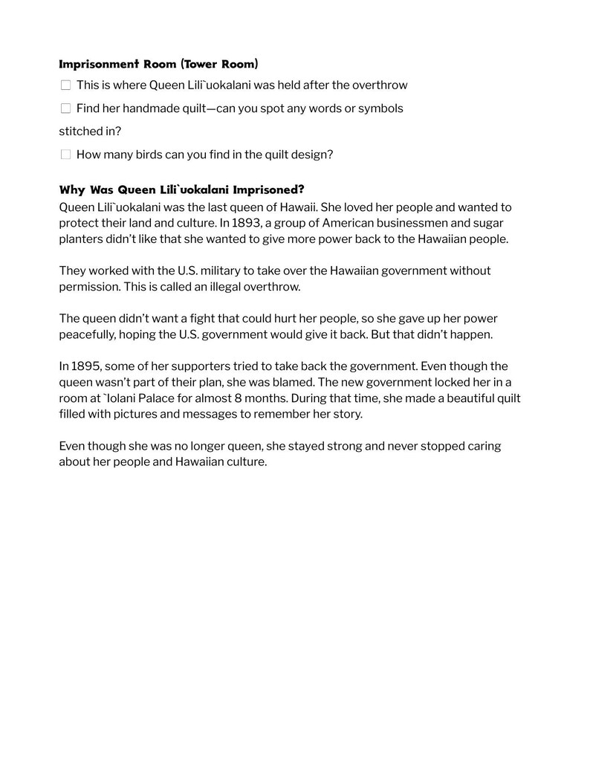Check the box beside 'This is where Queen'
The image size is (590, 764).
pos(65,85)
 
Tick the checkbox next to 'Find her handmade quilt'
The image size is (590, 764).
pos(65,109)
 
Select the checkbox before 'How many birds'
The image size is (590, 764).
pos(65,155)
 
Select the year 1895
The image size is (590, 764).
pos(84,366)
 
